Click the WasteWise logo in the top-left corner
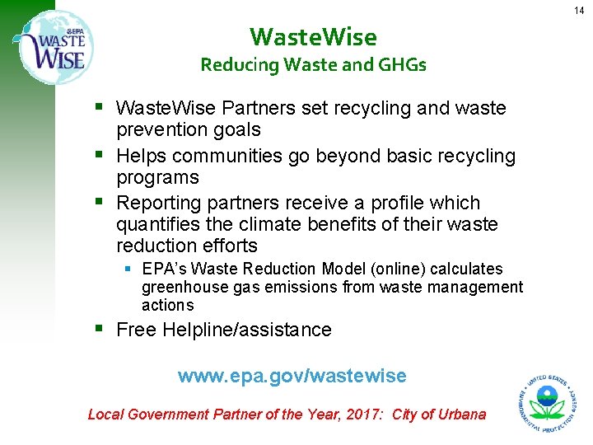(x=54, y=49)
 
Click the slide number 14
(x=578, y=10)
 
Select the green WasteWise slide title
(x=313, y=37)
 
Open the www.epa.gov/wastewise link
(x=292, y=376)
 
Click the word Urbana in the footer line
(x=462, y=415)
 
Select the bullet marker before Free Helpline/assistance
(x=100, y=329)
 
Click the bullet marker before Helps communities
(x=100, y=154)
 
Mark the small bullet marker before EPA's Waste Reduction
(x=130, y=268)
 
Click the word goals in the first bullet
(x=234, y=129)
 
